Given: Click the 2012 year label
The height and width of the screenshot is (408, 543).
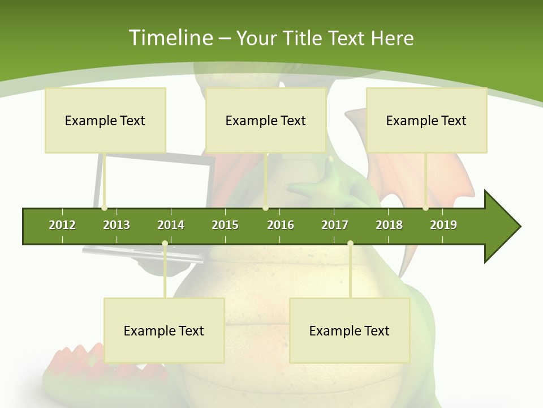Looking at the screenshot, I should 62,225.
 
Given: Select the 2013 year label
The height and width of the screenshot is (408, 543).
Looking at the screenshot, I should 117,225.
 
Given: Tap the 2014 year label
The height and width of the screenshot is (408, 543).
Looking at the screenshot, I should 171,225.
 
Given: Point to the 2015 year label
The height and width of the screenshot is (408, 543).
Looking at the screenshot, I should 225,225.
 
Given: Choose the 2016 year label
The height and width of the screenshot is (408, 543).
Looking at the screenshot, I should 281,225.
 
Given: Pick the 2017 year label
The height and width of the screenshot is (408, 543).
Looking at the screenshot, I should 335,225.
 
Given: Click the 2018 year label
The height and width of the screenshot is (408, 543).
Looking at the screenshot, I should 389,225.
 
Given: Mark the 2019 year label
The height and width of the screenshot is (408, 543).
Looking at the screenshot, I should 443,225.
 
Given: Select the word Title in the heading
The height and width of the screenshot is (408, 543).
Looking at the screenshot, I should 305,38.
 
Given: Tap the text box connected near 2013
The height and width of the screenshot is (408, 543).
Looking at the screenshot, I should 105,120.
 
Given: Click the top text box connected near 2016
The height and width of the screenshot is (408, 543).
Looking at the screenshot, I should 266,120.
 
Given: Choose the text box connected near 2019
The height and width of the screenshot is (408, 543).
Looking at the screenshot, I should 426,120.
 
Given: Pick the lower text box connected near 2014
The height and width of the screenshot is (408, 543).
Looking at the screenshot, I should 164,330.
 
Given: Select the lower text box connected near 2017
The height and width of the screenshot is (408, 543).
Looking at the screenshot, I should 350,330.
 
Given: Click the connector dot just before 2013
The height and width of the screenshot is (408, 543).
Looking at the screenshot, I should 104,208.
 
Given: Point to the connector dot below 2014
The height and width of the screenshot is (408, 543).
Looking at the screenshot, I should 165,244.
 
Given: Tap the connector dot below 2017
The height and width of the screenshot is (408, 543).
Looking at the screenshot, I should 350,244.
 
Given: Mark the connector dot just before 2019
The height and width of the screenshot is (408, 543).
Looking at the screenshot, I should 425,208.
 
